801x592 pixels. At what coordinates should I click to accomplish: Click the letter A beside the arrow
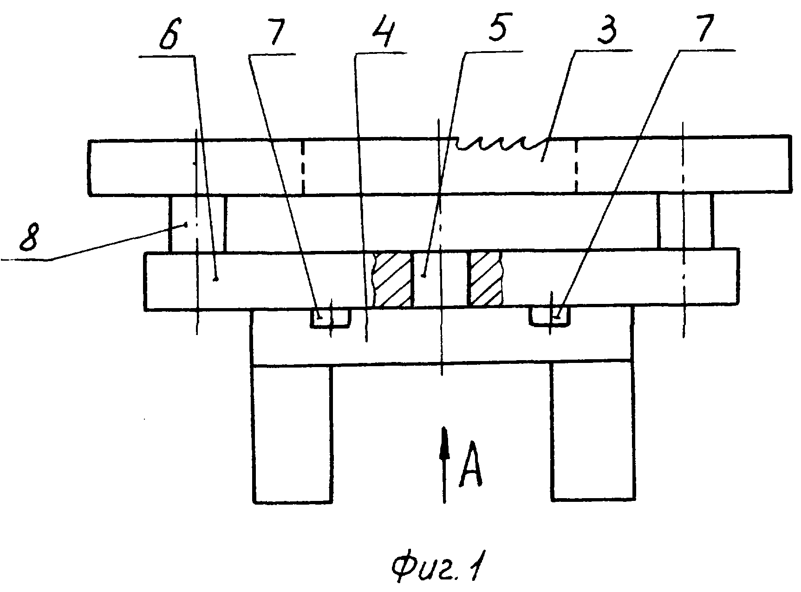pyautogui.click(x=469, y=470)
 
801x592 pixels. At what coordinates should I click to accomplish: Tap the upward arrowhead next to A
pyautogui.click(x=444, y=444)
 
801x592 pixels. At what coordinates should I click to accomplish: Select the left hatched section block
pyautogui.click(x=393, y=280)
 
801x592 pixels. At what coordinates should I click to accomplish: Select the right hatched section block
pyautogui.click(x=486, y=279)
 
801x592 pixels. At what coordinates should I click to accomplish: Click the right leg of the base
pyautogui.click(x=593, y=432)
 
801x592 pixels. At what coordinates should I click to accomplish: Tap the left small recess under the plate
pyautogui.click(x=331, y=318)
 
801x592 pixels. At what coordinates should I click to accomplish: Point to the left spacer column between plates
pyautogui.click(x=198, y=224)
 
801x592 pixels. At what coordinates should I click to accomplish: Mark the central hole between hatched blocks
pyautogui.click(x=440, y=280)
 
